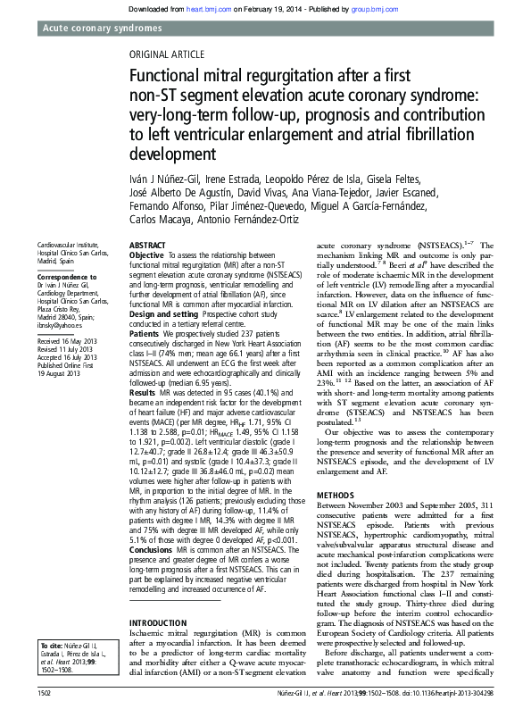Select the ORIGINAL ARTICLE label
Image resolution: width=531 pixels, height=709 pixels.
(168, 54)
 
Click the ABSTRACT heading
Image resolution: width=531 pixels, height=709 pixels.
(147, 245)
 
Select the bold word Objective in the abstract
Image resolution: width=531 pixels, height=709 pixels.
(146, 254)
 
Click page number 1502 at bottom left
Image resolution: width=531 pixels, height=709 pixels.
(49, 692)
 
